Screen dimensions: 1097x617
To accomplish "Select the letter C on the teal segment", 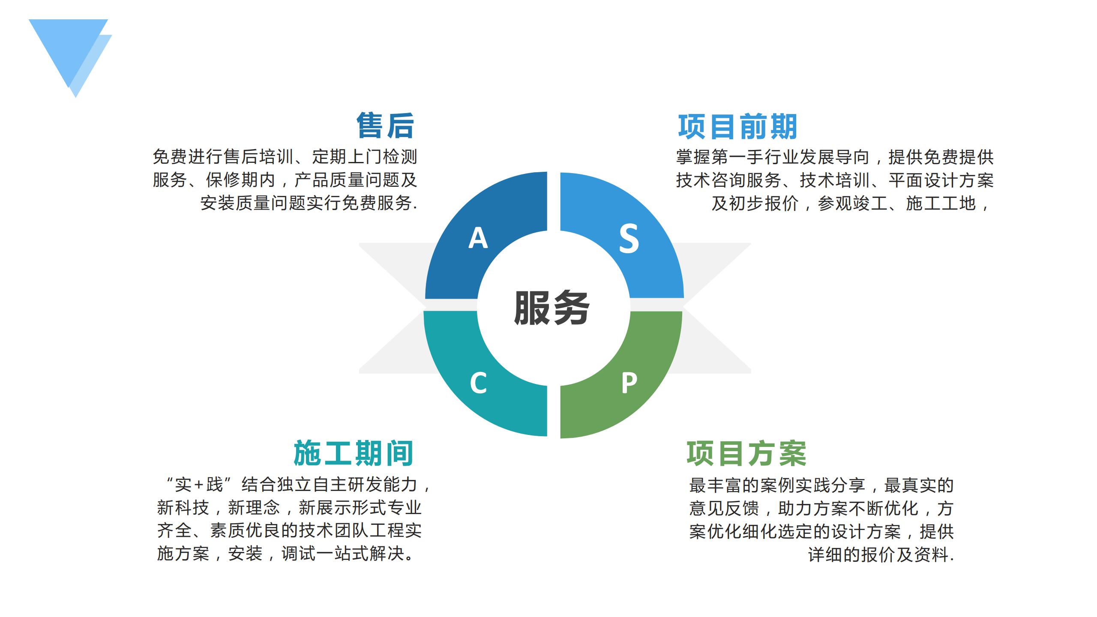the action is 478,383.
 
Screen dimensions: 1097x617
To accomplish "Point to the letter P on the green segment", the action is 629,383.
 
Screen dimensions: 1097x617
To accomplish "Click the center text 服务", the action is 552,308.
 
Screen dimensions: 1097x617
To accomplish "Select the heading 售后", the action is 385,126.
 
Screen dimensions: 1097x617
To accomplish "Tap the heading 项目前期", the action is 737,126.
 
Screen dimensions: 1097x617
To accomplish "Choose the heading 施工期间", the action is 354,453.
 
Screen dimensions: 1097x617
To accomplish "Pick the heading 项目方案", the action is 746,454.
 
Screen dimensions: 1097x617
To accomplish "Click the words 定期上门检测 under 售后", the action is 365,157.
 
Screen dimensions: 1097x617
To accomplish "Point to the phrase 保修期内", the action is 240,180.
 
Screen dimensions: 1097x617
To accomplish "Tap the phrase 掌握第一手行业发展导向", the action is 773,157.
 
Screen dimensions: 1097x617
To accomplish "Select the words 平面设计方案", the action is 941,180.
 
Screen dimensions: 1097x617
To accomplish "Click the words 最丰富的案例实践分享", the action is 777,485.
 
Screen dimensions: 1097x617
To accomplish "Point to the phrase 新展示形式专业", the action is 360,507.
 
